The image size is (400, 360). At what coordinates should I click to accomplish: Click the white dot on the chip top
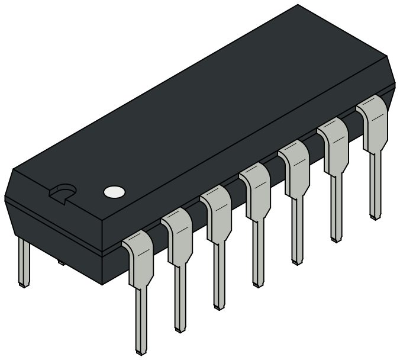tap(114, 191)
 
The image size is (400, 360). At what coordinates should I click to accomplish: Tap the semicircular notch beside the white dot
tap(62, 193)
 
